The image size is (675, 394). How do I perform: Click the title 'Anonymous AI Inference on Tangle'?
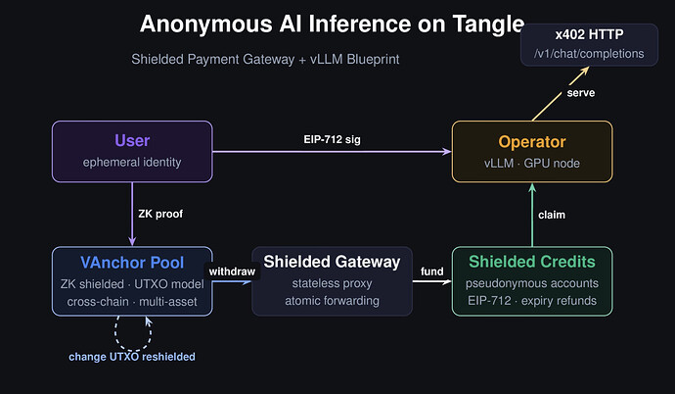[x=332, y=25]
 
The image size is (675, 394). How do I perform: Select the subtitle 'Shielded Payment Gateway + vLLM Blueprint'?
[x=265, y=60]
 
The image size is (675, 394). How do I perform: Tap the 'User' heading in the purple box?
[x=132, y=141]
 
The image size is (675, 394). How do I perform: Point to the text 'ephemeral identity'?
[x=132, y=163]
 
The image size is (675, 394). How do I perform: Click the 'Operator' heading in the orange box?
[x=532, y=141]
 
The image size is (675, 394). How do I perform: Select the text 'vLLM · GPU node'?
[x=532, y=163]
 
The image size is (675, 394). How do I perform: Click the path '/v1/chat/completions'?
[x=588, y=53]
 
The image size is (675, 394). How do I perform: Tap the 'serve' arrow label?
[x=581, y=93]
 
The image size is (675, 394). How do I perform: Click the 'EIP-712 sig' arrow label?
[x=333, y=140]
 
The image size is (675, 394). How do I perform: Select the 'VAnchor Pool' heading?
[x=132, y=262]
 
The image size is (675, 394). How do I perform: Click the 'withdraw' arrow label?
[x=231, y=271]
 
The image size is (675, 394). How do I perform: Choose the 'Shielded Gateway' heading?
[x=332, y=262]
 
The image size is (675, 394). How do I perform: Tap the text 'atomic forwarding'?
[x=332, y=300]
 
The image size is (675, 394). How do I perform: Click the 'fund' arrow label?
[x=432, y=271]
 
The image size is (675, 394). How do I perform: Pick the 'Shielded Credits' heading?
[x=532, y=262]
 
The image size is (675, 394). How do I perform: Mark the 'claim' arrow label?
[x=553, y=214]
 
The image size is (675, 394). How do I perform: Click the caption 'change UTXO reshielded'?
[x=132, y=356]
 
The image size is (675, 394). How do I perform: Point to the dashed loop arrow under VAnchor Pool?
[x=132, y=333]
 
